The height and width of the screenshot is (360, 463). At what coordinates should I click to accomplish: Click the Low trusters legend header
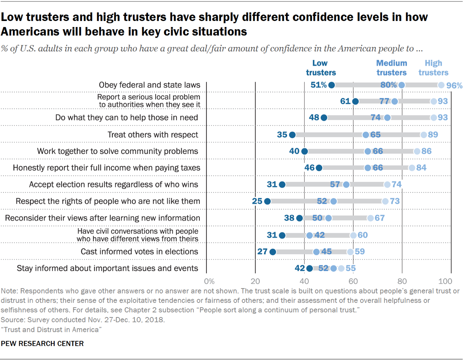(x=320, y=68)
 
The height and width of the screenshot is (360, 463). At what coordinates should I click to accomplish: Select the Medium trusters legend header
(x=391, y=68)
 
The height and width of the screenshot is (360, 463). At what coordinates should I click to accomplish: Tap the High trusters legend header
(x=433, y=68)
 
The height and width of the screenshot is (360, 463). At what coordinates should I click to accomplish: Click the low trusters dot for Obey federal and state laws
(x=331, y=85)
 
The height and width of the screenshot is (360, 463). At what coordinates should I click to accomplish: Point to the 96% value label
(x=454, y=85)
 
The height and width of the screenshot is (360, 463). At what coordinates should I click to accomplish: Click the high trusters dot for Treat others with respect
(x=424, y=135)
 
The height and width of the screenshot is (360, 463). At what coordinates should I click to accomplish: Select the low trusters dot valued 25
(x=267, y=201)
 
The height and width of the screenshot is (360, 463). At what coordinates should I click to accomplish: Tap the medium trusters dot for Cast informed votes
(x=317, y=252)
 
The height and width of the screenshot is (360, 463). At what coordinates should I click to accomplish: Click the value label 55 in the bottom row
(x=351, y=268)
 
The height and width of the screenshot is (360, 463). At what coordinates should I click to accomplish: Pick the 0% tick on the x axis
(x=209, y=281)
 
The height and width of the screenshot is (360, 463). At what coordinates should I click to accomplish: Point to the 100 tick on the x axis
(x=445, y=281)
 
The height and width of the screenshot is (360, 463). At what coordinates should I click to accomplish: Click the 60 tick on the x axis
(x=353, y=281)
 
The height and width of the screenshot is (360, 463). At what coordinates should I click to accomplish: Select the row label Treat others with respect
(x=153, y=135)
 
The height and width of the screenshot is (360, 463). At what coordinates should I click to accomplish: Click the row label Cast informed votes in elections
(x=139, y=252)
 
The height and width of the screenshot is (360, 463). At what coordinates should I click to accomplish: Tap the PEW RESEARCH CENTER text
(x=42, y=343)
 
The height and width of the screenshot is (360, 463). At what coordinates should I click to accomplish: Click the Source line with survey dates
(x=82, y=320)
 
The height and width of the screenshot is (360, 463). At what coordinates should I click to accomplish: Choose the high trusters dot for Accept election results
(x=387, y=185)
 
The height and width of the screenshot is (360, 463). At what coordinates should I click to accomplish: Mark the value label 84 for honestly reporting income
(x=421, y=168)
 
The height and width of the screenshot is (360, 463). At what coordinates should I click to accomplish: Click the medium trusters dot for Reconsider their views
(x=328, y=218)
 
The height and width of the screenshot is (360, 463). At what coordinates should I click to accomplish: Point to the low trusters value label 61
(x=345, y=101)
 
